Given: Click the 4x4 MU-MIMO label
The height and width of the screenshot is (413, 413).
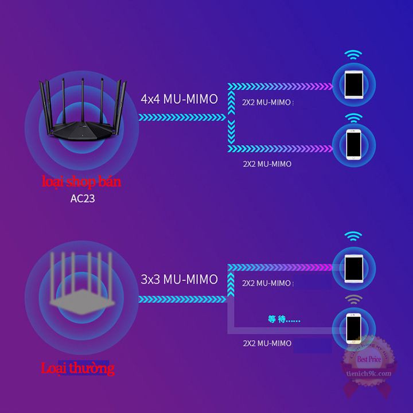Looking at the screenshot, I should [x=179, y=99].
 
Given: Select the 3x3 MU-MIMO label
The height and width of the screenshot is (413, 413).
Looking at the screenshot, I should [x=179, y=280].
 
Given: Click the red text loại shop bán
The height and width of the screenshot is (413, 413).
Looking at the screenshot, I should [x=81, y=183].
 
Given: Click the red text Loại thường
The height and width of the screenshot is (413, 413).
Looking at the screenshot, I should [x=77, y=368].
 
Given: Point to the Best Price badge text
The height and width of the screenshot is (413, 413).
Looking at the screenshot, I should [x=369, y=360].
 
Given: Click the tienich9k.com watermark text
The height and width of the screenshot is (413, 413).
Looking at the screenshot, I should [x=369, y=373].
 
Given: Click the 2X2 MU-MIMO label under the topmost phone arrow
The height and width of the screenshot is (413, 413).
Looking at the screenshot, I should [x=267, y=103].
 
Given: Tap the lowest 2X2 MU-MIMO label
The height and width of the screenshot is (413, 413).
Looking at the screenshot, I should [x=267, y=343].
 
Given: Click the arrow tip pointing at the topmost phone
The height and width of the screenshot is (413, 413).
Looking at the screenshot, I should [x=329, y=86].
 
